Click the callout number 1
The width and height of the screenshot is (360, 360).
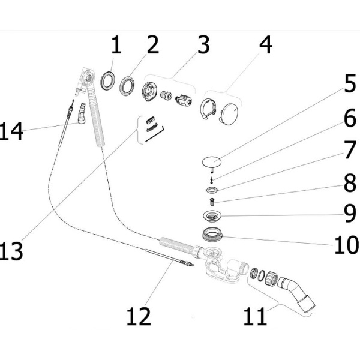tap(116, 44)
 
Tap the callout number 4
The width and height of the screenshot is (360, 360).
tap(266, 44)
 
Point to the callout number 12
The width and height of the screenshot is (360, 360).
tap(139, 316)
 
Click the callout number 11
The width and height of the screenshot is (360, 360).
tap(256, 316)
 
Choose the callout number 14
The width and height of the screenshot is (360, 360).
tap(11, 131)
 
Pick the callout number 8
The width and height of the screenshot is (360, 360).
tap(350, 183)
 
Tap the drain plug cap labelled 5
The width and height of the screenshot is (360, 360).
tap(212, 162)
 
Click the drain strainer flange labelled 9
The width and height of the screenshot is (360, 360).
tap(212, 215)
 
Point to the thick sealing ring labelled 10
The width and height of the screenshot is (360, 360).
tap(212, 234)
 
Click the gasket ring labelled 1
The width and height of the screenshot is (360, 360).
tap(107, 80)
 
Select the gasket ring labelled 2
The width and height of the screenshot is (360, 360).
tap(127, 86)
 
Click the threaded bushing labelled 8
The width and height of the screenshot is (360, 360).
tap(212, 202)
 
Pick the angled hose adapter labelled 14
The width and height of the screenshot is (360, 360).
tap(82, 113)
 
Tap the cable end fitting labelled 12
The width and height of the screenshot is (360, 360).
tap(186, 263)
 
